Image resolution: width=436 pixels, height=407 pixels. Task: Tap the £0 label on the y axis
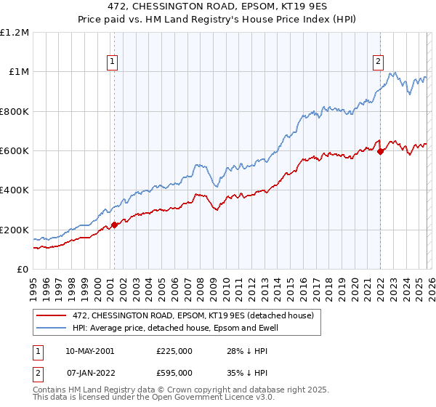(x=23, y=270)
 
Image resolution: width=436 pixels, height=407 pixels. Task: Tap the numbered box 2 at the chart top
(x=379, y=63)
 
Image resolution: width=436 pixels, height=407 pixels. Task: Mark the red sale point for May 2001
(x=114, y=225)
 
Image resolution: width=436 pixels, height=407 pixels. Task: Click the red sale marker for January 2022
(x=380, y=151)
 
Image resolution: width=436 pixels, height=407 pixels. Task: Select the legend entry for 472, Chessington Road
(x=193, y=315)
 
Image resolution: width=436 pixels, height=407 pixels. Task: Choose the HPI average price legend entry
(x=175, y=329)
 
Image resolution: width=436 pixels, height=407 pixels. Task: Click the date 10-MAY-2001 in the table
(x=89, y=350)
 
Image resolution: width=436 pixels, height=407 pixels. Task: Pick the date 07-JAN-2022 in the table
(x=89, y=372)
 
